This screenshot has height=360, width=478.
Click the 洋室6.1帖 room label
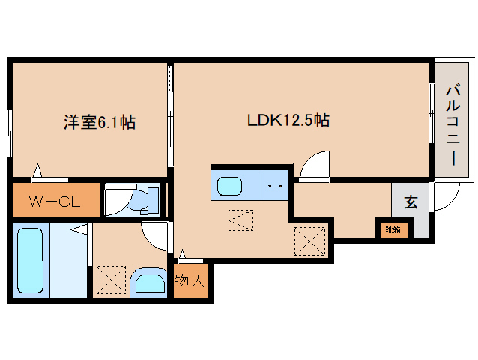[100, 122]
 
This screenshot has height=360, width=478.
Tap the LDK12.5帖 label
[288, 120]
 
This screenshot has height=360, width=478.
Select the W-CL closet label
[55, 202]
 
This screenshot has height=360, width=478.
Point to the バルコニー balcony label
[453, 126]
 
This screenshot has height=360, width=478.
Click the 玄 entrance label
[411, 202]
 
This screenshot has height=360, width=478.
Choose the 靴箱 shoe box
[393, 229]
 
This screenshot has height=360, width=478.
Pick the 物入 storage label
[190, 280]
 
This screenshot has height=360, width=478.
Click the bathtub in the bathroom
[30, 260]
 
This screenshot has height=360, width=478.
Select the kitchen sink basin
[229, 186]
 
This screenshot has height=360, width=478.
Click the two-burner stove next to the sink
[274, 185]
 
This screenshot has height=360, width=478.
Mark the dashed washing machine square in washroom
[112, 280]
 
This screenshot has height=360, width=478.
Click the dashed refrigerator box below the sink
[240, 220]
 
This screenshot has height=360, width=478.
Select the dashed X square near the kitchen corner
[309, 241]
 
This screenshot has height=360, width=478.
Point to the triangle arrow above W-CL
[37, 170]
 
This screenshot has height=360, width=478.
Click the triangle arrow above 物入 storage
[182, 254]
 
